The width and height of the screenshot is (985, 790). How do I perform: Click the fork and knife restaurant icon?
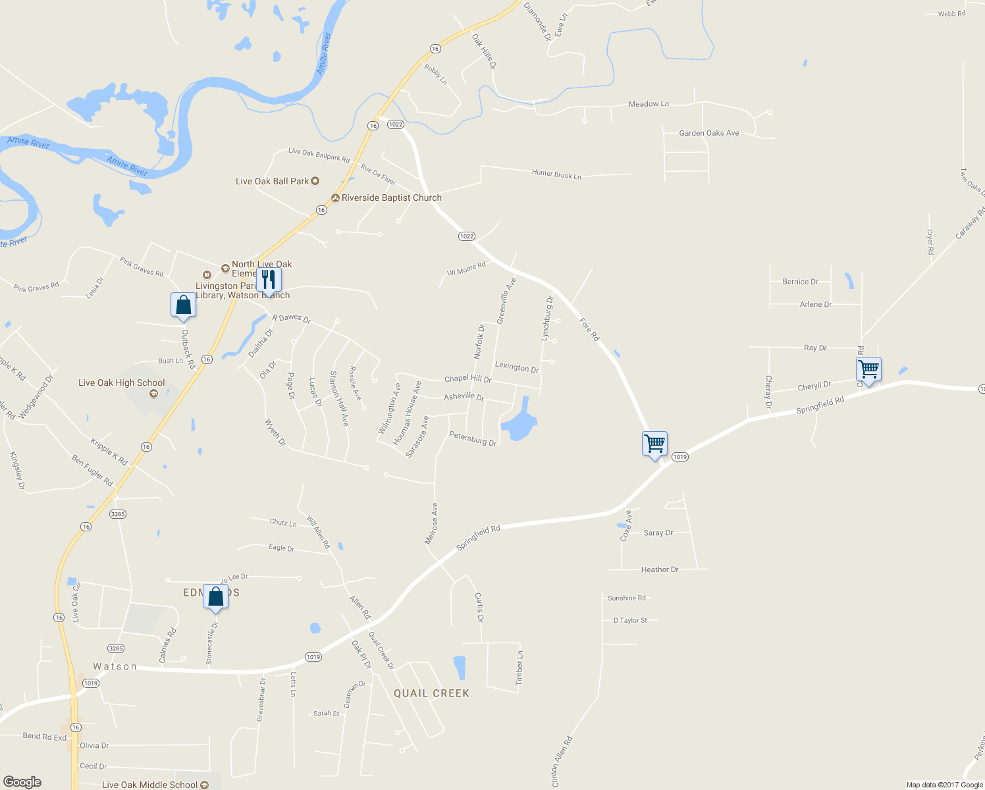coord(268,279)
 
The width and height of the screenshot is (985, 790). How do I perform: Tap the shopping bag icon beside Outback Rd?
coord(183,305)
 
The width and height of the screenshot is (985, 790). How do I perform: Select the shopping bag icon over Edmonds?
coord(215,596)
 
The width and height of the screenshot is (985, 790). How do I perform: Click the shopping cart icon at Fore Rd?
coord(654,444)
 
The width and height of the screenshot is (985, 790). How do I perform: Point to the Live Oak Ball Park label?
coord(273,181)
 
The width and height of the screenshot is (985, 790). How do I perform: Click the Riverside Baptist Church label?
coord(391,197)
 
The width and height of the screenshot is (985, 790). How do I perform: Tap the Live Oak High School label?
coord(122,382)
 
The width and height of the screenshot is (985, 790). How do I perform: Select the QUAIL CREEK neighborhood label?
coord(431,693)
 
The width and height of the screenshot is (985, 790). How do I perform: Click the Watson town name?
coord(115,666)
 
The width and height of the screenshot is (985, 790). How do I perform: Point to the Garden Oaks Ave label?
coord(708,133)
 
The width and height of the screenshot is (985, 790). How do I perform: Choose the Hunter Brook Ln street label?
coord(556,174)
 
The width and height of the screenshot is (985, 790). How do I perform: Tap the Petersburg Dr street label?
coord(473,438)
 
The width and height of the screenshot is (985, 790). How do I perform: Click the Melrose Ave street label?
coord(431,524)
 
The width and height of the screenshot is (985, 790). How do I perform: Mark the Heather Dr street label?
coord(659,569)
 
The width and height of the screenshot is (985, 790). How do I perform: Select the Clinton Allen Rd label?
coord(562,762)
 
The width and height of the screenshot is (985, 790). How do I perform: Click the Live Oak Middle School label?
coord(150,785)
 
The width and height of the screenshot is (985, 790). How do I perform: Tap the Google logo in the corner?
coord(22,781)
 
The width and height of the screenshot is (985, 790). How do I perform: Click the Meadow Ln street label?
coord(649,104)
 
